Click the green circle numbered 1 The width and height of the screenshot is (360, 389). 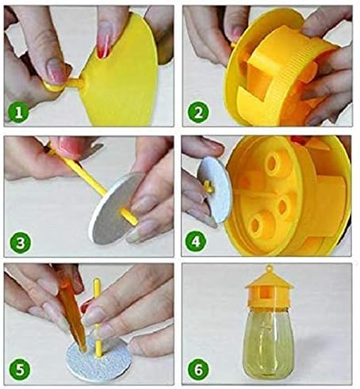pos(18,113)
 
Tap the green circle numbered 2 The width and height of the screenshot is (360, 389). pos(198,113)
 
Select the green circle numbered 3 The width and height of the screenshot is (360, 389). pos(21,242)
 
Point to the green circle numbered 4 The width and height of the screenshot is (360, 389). pos(196,242)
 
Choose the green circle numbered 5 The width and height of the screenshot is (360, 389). pos(20,370)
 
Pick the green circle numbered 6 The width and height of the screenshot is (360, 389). pos(198,370)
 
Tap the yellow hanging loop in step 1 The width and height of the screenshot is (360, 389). pos(54,86)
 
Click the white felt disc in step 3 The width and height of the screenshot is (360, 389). pos(117,208)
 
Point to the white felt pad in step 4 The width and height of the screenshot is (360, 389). pos(215,189)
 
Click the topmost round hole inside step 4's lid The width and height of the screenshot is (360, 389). pos(273,163)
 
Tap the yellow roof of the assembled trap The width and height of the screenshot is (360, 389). pos(270,280)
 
